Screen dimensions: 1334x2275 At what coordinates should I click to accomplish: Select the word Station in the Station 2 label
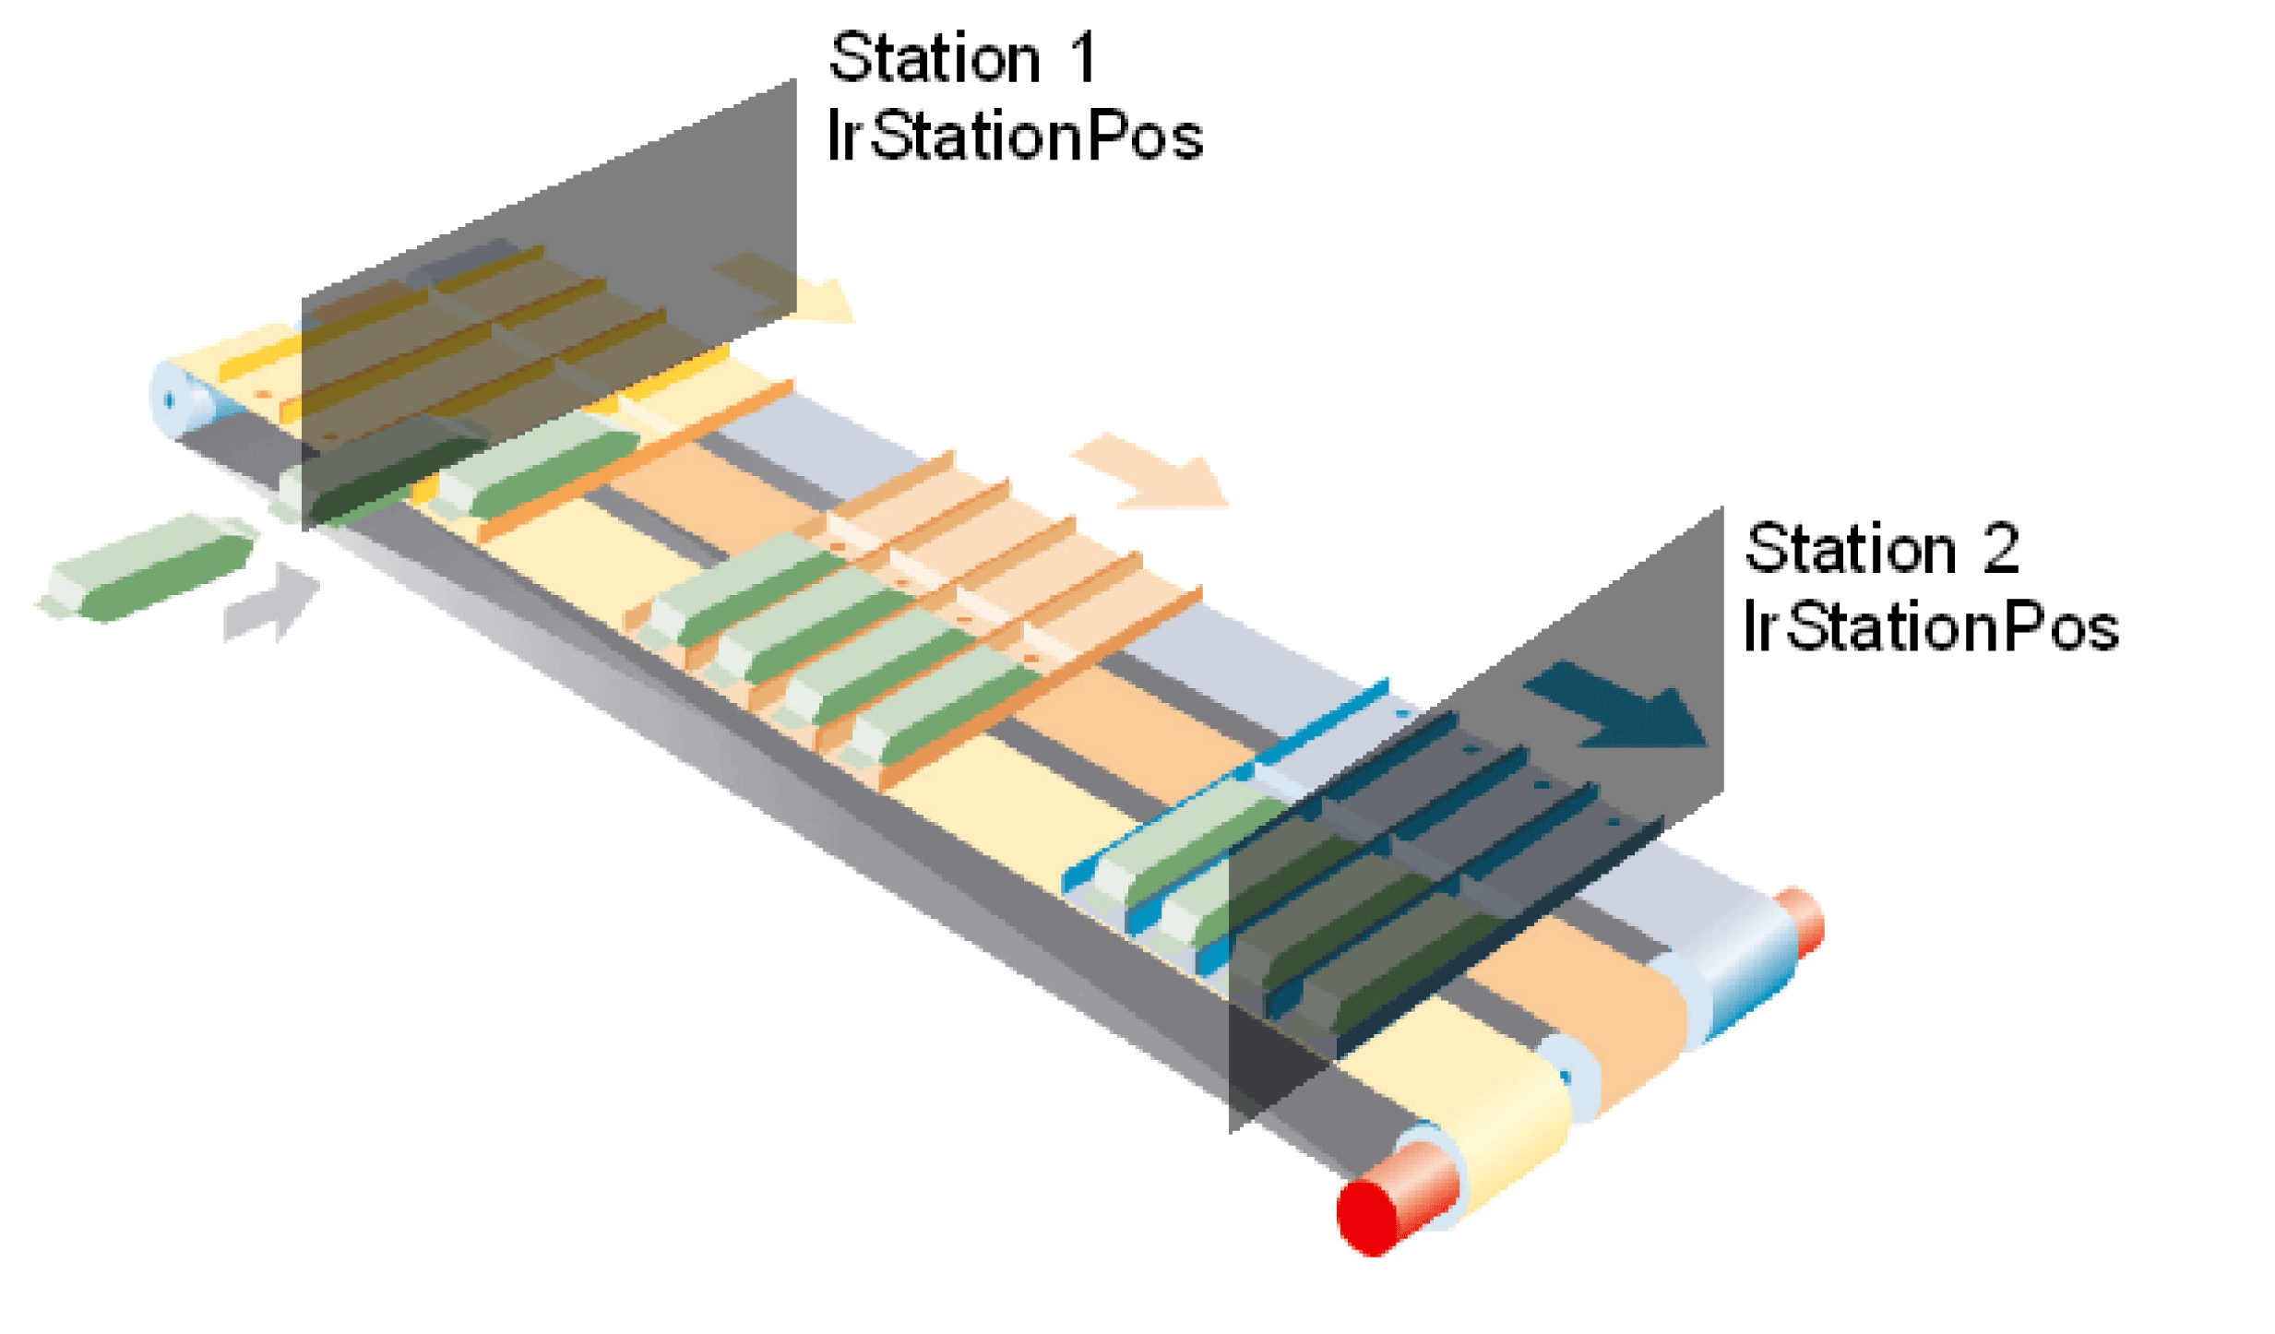pos(1849,550)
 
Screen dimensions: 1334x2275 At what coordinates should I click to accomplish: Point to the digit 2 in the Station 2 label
pos(2000,550)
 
